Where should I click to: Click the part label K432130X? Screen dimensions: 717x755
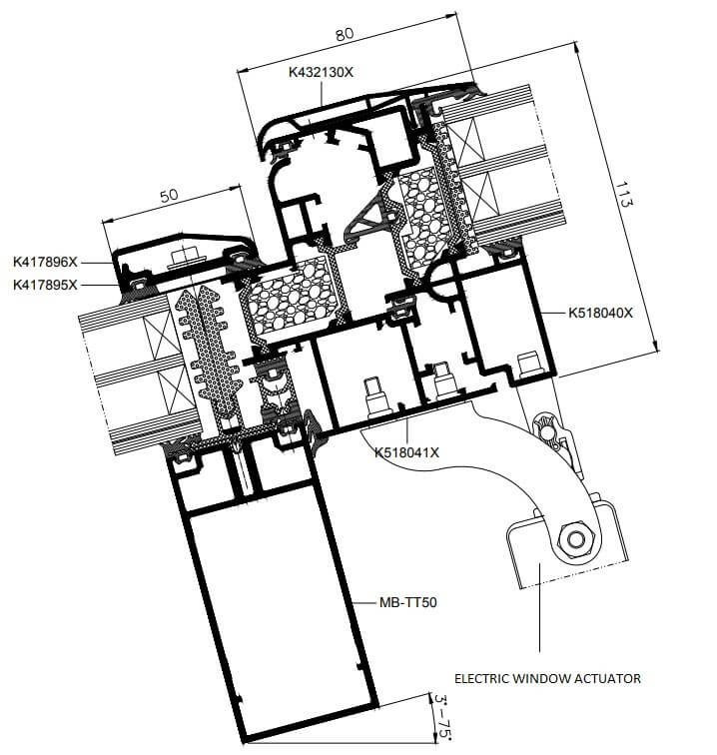tap(321, 72)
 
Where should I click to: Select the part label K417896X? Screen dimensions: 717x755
tap(45, 262)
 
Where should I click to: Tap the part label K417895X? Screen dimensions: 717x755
tap(45, 285)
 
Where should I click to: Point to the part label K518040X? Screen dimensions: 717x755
tap(600, 313)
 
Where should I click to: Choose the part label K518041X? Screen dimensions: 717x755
tap(406, 452)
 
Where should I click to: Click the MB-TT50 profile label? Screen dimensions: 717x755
tap(407, 602)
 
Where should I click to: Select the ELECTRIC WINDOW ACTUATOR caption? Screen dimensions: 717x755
tap(547, 678)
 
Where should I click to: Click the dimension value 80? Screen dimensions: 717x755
tap(345, 34)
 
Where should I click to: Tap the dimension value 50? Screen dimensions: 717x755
tap(169, 195)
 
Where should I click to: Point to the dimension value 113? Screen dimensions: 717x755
tap(623, 194)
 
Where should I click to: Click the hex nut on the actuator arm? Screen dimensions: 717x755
tap(575, 539)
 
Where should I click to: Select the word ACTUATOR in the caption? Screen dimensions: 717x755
tap(610, 678)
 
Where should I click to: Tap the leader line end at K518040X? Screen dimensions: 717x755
tap(540, 313)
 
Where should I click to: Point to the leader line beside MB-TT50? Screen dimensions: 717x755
tap(364, 602)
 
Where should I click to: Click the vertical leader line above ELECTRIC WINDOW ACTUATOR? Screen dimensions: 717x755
tap(539, 607)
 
